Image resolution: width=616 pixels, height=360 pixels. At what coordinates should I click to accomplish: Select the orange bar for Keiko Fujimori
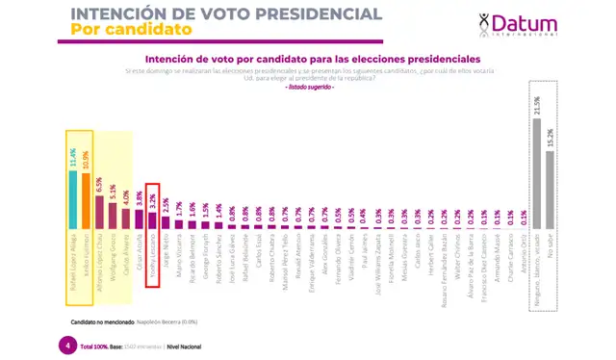pos(87,198)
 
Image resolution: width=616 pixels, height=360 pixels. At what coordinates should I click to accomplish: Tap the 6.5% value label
pos(99,185)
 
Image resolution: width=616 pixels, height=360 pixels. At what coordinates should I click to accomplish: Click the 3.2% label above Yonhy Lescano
pos(152,200)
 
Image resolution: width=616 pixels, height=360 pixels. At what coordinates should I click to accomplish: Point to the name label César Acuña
pos(139,247)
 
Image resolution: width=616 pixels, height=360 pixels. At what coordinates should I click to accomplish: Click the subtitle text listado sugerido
pos(309,87)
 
